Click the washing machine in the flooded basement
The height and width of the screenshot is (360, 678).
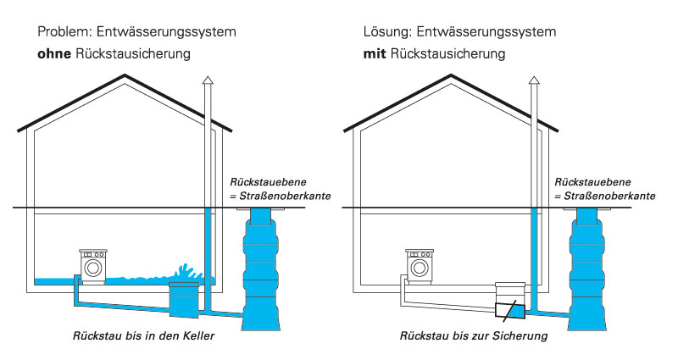pyautogui.click(x=92, y=264)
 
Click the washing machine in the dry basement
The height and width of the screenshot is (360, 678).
pyautogui.click(x=420, y=264)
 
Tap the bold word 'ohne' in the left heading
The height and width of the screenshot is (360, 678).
pyautogui.click(x=53, y=54)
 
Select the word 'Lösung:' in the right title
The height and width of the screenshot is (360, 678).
pyautogui.click(x=388, y=32)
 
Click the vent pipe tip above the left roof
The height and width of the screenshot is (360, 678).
pyautogui.click(x=208, y=79)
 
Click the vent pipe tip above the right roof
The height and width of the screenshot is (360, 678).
pyautogui.click(x=535, y=79)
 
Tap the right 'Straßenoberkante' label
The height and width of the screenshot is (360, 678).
pyautogui.click(x=610, y=196)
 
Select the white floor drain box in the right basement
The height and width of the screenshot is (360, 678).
pyautogui.click(x=511, y=291)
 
